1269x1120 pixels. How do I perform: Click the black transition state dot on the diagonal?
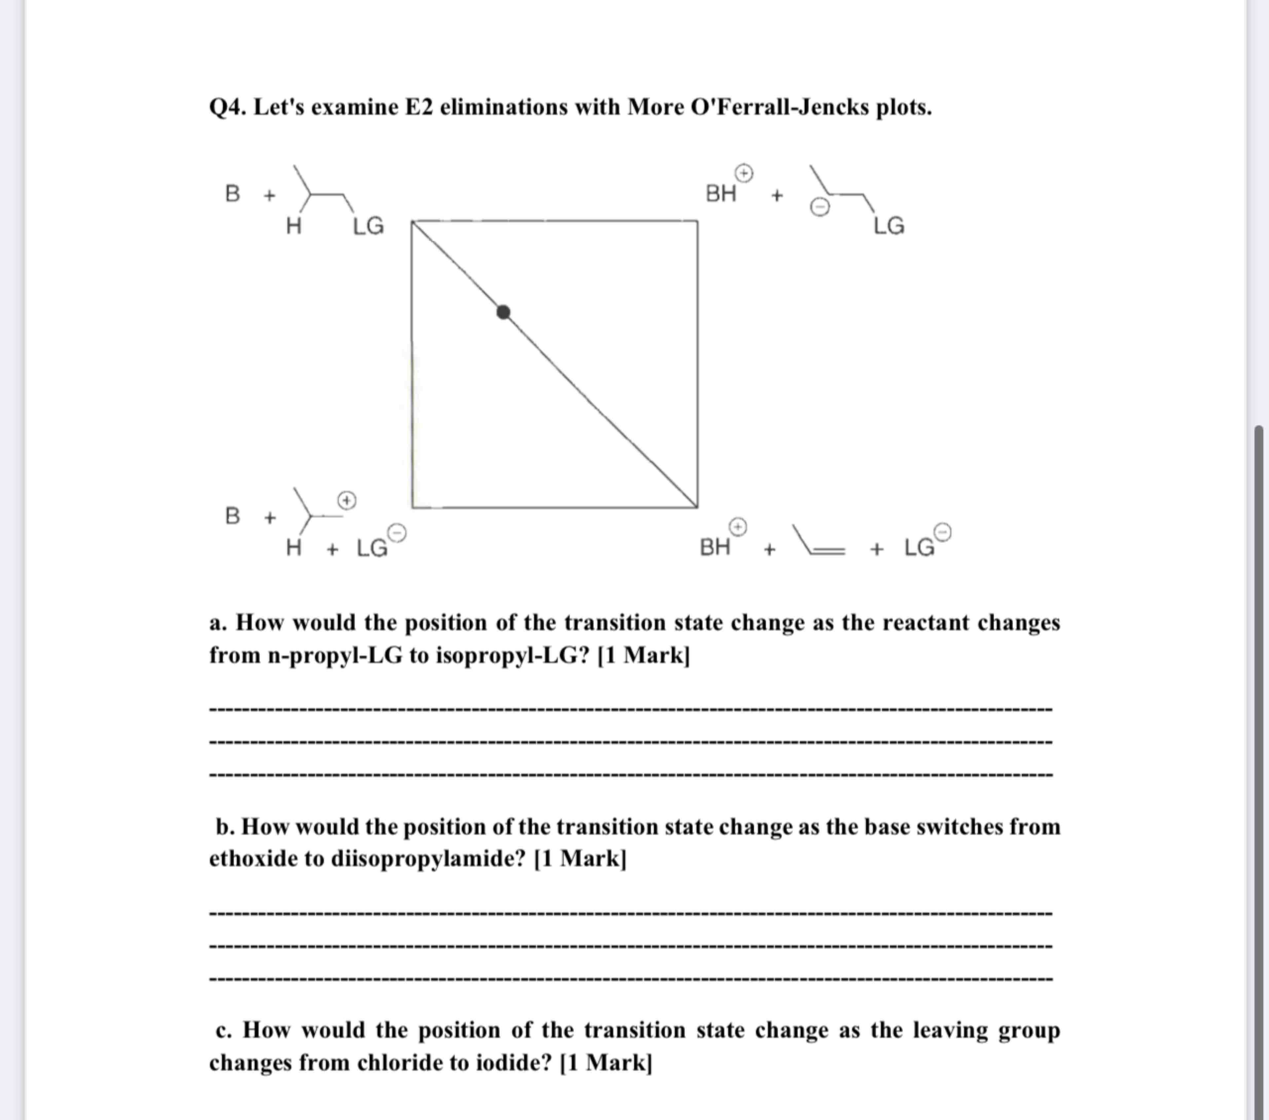click(x=503, y=312)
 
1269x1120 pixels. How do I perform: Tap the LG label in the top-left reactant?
click(x=368, y=226)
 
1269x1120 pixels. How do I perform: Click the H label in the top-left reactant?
click(x=294, y=226)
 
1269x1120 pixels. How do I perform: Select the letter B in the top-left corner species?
click(x=232, y=194)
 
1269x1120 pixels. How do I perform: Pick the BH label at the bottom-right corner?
click(x=714, y=547)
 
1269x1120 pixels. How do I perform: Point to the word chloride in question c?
click(x=399, y=1063)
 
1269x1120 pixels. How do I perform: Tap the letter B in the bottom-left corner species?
click(x=232, y=516)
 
